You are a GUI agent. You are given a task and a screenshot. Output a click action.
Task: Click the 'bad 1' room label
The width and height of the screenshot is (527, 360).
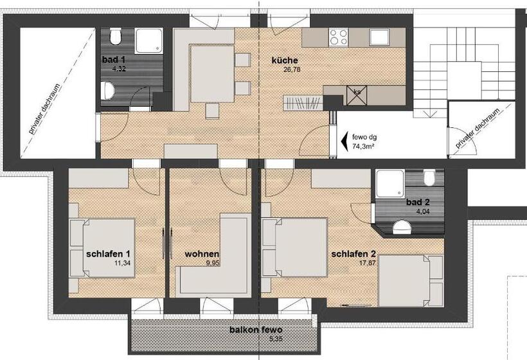(114, 60)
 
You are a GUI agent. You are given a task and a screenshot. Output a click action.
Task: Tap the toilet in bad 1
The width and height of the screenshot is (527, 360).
(116, 37)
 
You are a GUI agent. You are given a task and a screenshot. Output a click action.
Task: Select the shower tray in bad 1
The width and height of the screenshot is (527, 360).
(149, 41)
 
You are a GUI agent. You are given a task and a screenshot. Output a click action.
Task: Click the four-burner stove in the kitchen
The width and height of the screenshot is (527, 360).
(339, 37)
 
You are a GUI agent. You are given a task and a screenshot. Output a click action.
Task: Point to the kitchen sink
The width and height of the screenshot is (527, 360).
(379, 37)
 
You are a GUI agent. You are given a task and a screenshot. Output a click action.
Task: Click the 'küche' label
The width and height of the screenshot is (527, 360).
(285, 60)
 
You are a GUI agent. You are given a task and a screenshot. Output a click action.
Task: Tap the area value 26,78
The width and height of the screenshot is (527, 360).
(292, 70)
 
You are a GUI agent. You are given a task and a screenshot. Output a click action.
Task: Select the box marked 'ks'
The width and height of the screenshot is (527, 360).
(357, 95)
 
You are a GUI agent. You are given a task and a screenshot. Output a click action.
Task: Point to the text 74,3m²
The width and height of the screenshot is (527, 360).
(363, 146)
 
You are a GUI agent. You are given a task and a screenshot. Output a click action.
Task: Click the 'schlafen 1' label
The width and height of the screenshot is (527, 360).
(108, 254)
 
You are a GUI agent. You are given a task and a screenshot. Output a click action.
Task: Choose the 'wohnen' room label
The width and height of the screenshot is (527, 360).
(202, 254)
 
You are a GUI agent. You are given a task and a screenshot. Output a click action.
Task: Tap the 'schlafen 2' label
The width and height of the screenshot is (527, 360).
(353, 254)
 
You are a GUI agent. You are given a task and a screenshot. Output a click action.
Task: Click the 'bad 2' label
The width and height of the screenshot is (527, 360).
(418, 203)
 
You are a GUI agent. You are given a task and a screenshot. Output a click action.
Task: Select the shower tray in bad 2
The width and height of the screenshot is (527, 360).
(390, 184)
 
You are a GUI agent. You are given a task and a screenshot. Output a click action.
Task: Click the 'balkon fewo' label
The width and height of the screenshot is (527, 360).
(256, 330)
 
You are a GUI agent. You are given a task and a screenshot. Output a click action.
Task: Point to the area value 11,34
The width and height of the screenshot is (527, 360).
(122, 263)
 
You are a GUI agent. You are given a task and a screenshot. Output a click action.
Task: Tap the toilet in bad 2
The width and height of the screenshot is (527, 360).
(429, 178)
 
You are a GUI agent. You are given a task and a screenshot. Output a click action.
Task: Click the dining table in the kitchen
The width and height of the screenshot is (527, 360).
(213, 74)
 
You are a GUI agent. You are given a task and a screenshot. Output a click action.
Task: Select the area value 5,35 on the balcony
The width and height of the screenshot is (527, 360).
(276, 339)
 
